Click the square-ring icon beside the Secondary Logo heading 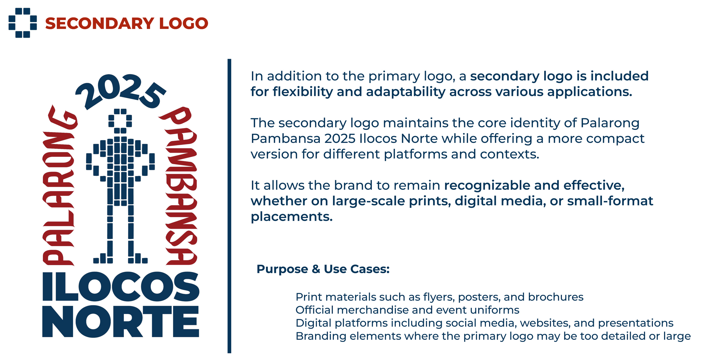23,23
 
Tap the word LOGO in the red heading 184,23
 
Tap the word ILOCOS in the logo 121,287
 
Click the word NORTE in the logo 121,321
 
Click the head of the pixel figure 120,121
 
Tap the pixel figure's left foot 103,258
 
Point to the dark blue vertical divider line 229,206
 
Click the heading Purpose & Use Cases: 323,269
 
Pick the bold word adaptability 406,92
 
